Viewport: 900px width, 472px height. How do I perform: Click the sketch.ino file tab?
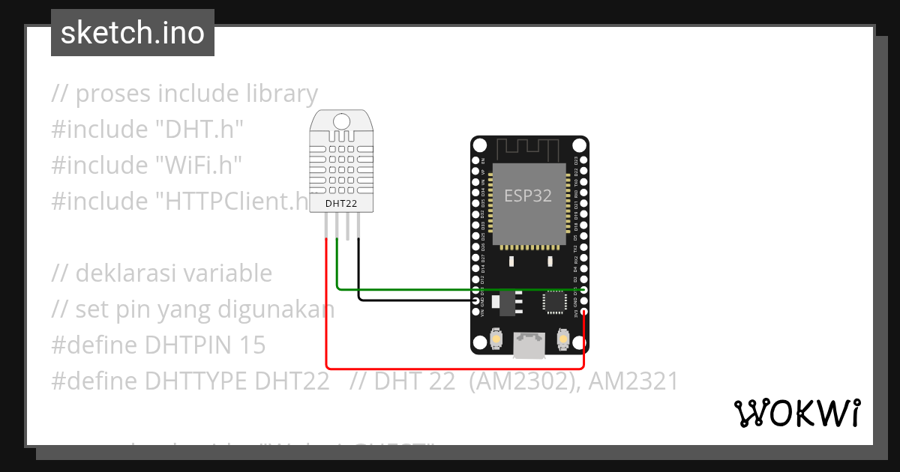point(133,33)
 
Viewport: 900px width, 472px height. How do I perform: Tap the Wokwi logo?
point(796,413)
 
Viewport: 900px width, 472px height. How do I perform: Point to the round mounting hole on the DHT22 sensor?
point(341,121)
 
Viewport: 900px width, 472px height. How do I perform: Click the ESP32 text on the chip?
point(527,196)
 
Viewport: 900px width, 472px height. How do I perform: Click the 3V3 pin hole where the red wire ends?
point(583,312)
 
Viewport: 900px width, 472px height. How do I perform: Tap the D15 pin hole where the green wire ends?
point(583,289)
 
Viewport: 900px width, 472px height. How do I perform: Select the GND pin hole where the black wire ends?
point(475,300)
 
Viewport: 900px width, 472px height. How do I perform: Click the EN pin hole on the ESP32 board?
point(475,160)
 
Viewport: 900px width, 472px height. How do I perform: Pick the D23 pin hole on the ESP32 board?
point(583,160)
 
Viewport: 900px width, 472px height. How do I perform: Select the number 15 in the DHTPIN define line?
point(253,345)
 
